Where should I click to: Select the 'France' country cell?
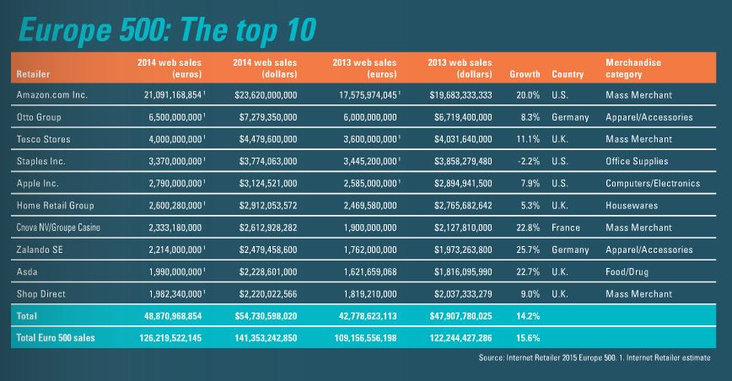565,228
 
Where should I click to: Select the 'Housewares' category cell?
632,205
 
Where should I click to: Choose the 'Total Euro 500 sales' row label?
57,337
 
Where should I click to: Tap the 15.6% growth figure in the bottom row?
527,337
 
